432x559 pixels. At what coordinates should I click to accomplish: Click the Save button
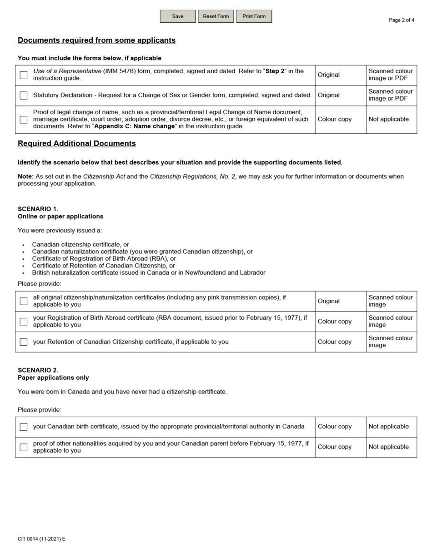[x=178, y=16]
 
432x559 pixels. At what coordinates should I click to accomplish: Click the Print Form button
[x=254, y=16]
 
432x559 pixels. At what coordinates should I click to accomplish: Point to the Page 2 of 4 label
[x=401, y=20]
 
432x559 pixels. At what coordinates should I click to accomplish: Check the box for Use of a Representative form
[x=24, y=75]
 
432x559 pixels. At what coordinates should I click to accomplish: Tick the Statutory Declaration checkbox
[x=24, y=96]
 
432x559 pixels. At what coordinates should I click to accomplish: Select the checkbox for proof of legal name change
[x=24, y=120]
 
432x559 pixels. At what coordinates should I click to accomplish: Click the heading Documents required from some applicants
[x=96, y=40]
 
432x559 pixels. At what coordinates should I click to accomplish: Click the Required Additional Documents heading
[x=76, y=144]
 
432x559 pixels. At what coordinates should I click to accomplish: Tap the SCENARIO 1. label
[x=38, y=209]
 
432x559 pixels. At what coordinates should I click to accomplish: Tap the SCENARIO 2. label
[x=38, y=370]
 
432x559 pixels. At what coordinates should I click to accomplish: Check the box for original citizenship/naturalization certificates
[x=24, y=301]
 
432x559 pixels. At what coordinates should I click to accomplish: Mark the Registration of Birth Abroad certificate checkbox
[x=24, y=322]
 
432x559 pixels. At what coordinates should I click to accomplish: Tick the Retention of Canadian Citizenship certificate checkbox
[x=24, y=342]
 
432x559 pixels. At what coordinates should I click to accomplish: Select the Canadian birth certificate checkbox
[x=24, y=427]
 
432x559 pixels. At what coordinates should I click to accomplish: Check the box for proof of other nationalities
[x=24, y=447]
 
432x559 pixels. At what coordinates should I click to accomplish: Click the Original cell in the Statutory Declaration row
[x=328, y=96]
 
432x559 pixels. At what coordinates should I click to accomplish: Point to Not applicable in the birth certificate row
[x=388, y=427]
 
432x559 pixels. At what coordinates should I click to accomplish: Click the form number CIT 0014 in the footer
[x=41, y=539]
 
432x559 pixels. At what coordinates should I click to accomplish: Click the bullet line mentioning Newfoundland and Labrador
[x=148, y=273]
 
